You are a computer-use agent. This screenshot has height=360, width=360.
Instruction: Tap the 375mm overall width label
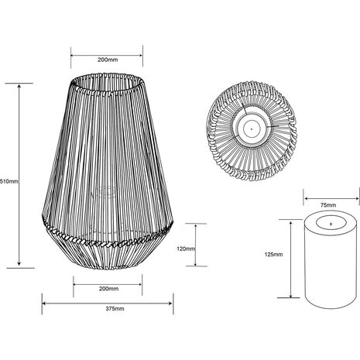tap(114, 308)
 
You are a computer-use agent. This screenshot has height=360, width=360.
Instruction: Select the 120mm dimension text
tap(187, 250)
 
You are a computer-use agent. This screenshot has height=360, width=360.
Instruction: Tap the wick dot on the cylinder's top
tap(332, 224)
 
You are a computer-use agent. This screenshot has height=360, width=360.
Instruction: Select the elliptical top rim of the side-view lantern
tap(107, 79)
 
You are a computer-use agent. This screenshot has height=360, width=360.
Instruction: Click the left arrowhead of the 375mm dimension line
tap(44, 301)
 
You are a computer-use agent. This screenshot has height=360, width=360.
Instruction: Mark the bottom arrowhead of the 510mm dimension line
tap(19, 266)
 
